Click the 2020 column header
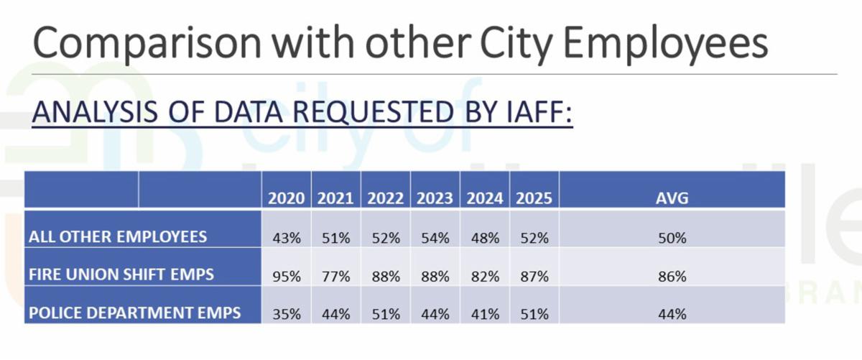tap(286, 199)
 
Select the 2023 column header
tap(435, 199)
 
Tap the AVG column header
tap(672, 199)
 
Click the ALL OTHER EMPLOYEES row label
tap(118, 236)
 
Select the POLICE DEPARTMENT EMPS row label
tap(134, 313)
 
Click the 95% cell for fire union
tap(286, 276)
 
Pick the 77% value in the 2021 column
tap(335, 276)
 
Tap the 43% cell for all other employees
tap(286, 238)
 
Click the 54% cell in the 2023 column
tap(435, 238)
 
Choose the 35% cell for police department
tap(286, 314)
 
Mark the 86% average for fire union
tap(672, 276)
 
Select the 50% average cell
tap(672, 238)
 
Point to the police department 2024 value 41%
tap(484, 314)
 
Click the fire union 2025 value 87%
tap(534, 276)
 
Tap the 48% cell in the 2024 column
tap(484, 238)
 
